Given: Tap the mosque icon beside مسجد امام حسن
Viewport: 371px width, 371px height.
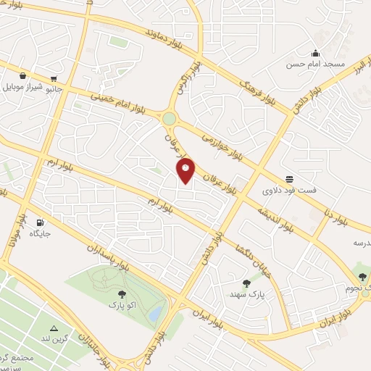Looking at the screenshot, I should click(315, 53).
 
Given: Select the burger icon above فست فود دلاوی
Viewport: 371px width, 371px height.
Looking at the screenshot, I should click(290, 178).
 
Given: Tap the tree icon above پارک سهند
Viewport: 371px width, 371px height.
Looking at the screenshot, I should click(246, 283).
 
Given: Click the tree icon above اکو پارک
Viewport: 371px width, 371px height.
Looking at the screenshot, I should click(121, 293).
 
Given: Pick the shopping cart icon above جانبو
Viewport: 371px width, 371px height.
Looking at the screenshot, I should click(54, 78).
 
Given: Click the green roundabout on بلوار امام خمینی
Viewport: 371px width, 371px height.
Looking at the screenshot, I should click(169, 118).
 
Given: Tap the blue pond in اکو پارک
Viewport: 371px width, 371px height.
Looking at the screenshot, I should click(156, 314).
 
